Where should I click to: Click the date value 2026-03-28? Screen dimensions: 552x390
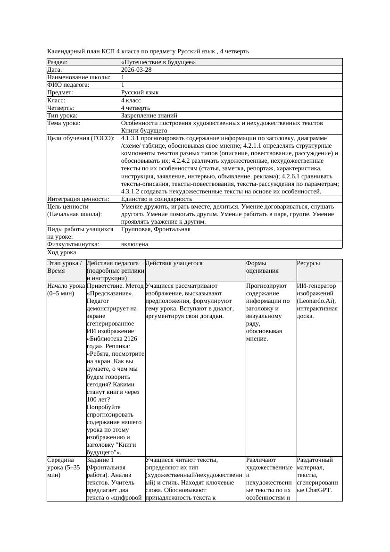point(136,70)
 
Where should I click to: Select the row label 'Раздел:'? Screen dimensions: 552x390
point(58,62)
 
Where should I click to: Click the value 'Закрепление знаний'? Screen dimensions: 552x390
point(149,116)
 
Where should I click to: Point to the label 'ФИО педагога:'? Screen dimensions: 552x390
point(68,85)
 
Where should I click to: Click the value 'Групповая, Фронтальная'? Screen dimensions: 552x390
point(156,229)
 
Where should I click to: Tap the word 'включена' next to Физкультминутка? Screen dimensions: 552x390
point(134,244)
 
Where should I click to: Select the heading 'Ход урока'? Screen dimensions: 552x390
point(61,252)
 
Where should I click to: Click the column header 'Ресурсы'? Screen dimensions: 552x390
point(308,263)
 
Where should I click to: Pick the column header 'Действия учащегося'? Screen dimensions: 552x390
point(174,263)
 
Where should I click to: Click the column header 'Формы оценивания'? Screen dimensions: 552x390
point(262,267)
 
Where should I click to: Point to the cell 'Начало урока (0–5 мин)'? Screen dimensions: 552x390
point(66,289)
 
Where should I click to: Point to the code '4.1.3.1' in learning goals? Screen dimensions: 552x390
point(131,138)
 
